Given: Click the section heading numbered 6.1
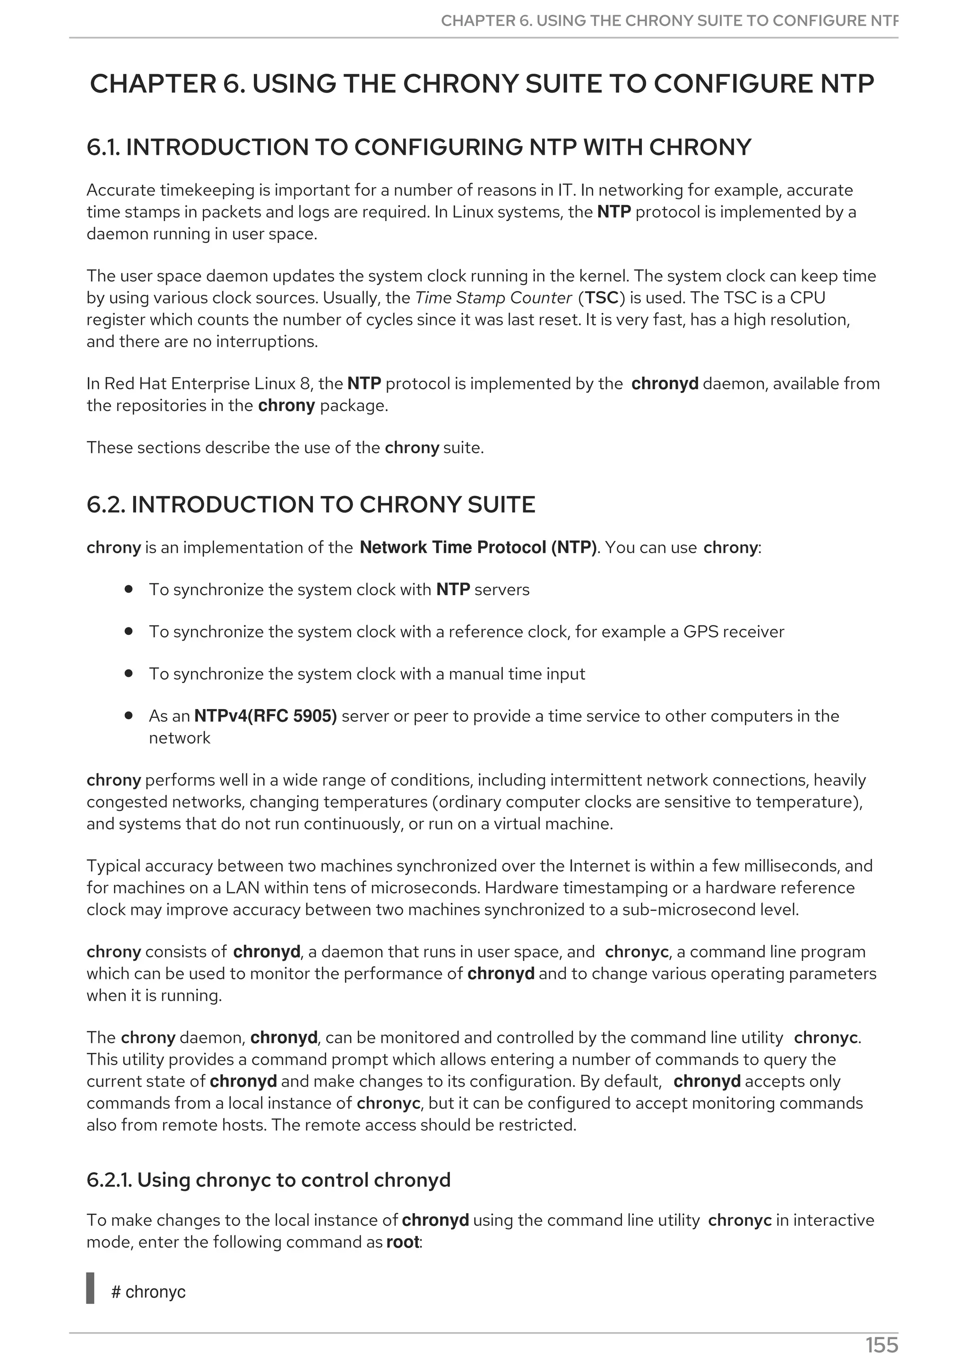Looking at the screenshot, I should [x=419, y=147].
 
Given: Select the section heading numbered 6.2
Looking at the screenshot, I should [x=311, y=505].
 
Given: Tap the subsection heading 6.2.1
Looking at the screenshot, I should [x=268, y=1180].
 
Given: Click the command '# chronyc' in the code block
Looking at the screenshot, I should [x=148, y=1292].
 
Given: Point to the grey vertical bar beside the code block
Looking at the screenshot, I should [x=91, y=1288].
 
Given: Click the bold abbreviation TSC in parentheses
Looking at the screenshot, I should [x=601, y=298].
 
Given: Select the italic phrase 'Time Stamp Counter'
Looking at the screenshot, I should [x=493, y=298].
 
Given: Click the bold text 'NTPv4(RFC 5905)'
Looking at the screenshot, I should [x=266, y=716].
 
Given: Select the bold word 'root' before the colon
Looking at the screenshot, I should [x=403, y=1242].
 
